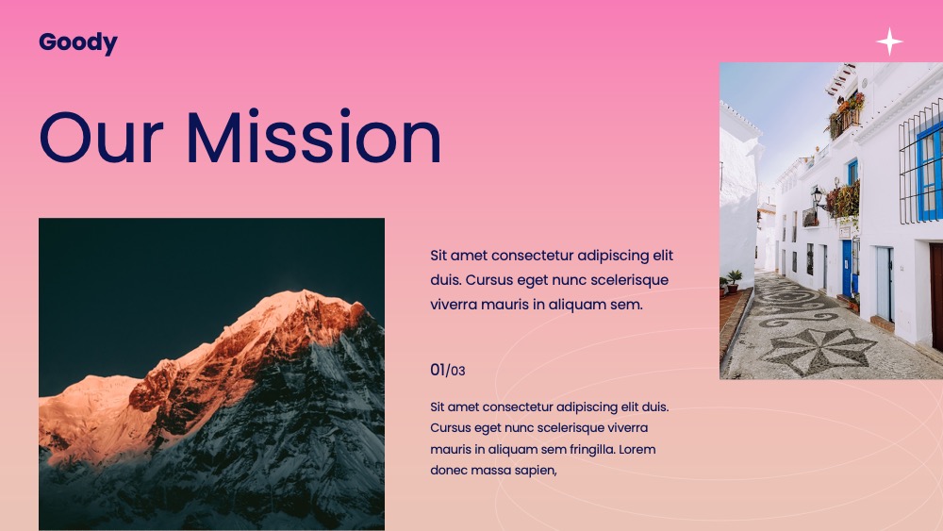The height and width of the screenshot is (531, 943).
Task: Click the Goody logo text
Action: [x=78, y=43]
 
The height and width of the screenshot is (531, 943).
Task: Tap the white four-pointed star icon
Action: [x=889, y=41]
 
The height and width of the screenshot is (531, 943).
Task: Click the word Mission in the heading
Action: [x=314, y=137]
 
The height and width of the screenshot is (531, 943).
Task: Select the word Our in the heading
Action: [x=101, y=137]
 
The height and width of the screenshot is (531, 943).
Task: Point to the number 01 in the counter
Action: [x=438, y=370]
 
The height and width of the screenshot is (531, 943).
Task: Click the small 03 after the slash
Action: [x=457, y=371]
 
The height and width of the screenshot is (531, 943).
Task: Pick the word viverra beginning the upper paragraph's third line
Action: [x=453, y=305]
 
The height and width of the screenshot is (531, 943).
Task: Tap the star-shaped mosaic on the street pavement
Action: [x=817, y=352]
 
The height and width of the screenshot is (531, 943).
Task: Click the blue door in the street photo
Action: [x=847, y=268]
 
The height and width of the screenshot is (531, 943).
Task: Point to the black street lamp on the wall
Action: [x=818, y=197]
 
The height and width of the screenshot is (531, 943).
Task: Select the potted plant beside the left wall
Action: [x=734, y=281]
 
